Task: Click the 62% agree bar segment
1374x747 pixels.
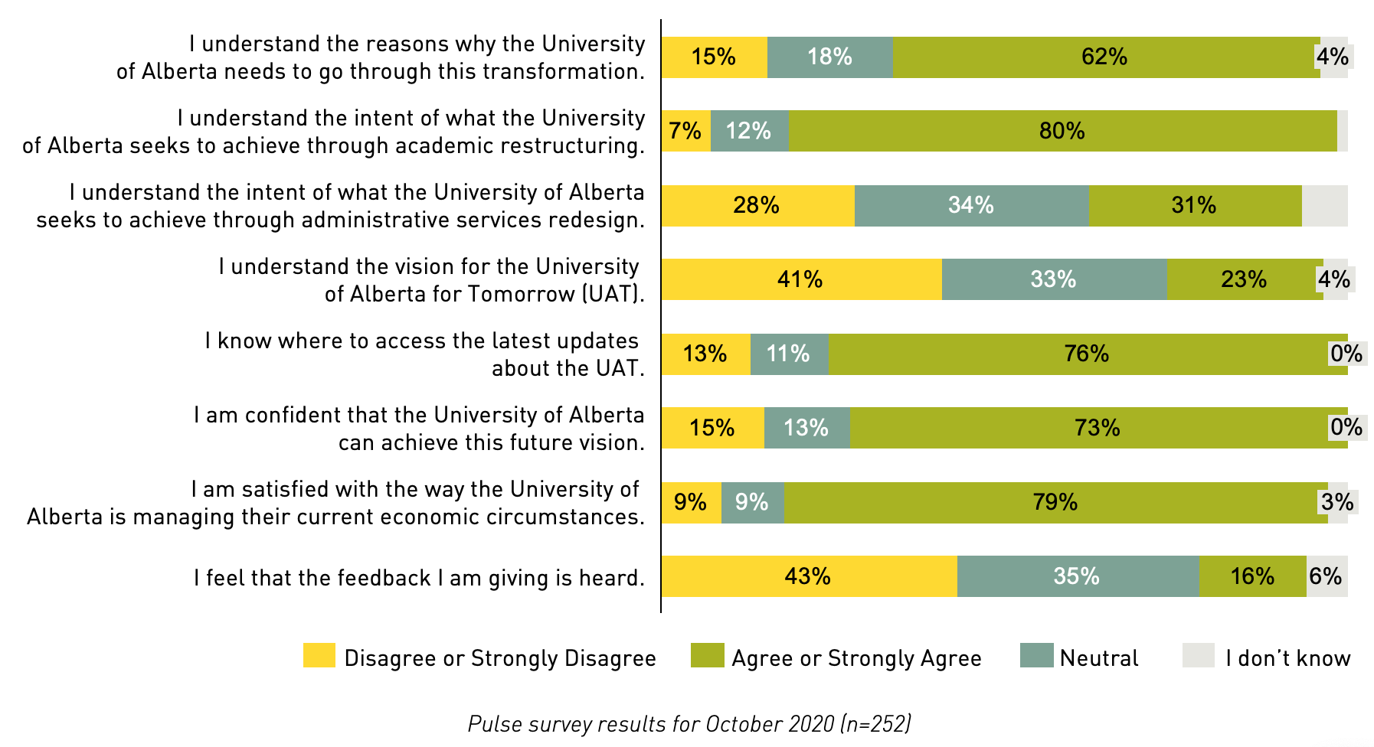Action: [x=1105, y=57]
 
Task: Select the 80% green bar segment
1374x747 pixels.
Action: [x=1062, y=131]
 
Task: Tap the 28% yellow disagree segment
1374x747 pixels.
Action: [x=757, y=205]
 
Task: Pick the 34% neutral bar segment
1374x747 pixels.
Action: [x=971, y=205]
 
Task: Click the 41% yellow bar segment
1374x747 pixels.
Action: [x=801, y=279]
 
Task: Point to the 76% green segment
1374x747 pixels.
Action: [x=1087, y=354]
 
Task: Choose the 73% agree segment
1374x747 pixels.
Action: [x=1098, y=428]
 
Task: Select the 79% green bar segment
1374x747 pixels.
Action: [x=1055, y=502]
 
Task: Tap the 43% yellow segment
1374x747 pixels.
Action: [x=809, y=576]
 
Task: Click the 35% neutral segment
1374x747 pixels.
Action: [x=1077, y=576]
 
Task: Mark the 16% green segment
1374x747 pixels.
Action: [x=1252, y=576]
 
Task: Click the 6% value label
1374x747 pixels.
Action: [x=1326, y=576]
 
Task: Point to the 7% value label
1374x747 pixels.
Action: [x=685, y=131]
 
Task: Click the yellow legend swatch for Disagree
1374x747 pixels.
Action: [x=319, y=656]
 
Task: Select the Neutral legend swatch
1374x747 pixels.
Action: [x=1036, y=656]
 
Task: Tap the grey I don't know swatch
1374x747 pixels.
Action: [x=1199, y=656]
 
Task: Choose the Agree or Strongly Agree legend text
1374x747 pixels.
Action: [x=856, y=658]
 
